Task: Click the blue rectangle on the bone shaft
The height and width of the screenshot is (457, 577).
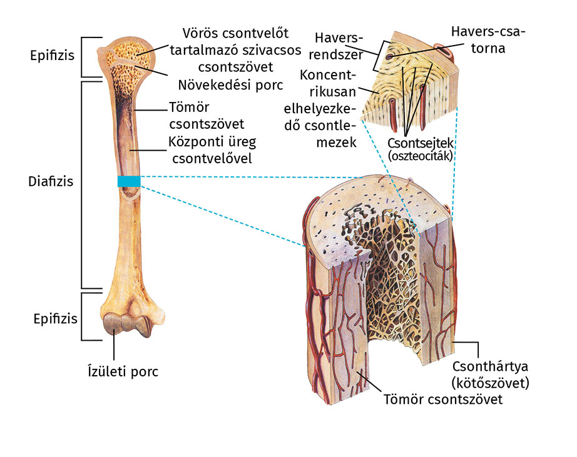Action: [129, 181]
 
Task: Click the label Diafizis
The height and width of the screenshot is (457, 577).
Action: [51, 182]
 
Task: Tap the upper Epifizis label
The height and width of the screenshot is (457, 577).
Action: [52, 54]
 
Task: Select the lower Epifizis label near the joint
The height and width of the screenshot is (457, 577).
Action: [55, 318]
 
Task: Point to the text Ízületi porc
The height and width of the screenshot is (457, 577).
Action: [122, 372]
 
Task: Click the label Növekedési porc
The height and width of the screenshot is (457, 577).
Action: [230, 83]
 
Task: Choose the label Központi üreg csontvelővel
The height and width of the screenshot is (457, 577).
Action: [210, 149]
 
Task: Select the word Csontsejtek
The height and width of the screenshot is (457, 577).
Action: [419, 143]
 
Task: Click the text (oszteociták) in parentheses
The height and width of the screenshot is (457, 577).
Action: [420, 155]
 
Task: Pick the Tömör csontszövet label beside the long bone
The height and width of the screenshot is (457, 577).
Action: [206, 115]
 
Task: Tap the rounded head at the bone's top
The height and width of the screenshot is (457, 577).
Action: [128, 56]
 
